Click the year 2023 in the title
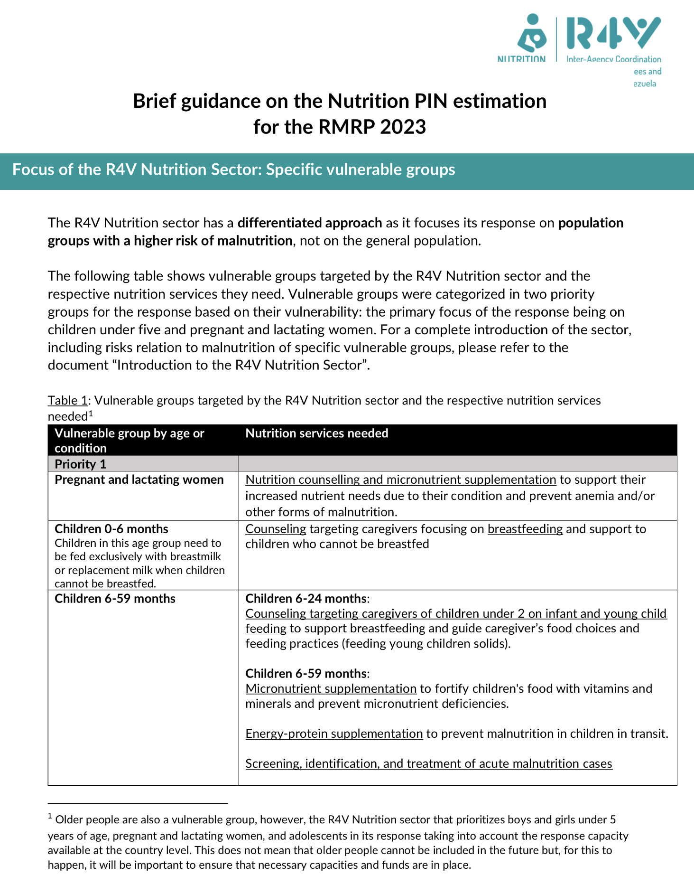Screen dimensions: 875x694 pyautogui.click(x=403, y=127)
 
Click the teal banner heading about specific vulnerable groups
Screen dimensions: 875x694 pyautogui.click(x=233, y=169)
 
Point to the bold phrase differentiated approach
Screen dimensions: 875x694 pyautogui.click(x=309, y=223)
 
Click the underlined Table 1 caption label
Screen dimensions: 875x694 pyautogui.click(x=67, y=400)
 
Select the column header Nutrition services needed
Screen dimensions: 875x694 pyautogui.click(x=316, y=433)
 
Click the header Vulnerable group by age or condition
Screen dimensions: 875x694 pyautogui.click(x=129, y=440)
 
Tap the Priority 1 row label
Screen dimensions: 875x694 pyautogui.click(x=80, y=464)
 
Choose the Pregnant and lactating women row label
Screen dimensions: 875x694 pyautogui.click(x=139, y=480)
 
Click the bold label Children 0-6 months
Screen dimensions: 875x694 pyautogui.click(x=111, y=529)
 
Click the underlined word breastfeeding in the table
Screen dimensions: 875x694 pyautogui.click(x=525, y=529)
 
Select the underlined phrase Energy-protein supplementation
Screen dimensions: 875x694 pyautogui.click(x=333, y=734)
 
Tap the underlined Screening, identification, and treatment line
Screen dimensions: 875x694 pyautogui.click(x=428, y=763)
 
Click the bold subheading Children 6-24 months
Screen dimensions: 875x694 pyautogui.click(x=306, y=598)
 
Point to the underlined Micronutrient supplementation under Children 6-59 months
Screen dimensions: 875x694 pyautogui.click(x=331, y=688)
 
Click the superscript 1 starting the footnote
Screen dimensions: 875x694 pyautogui.click(x=50, y=817)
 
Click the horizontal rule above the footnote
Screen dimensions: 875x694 pyautogui.click(x=138, y=803)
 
